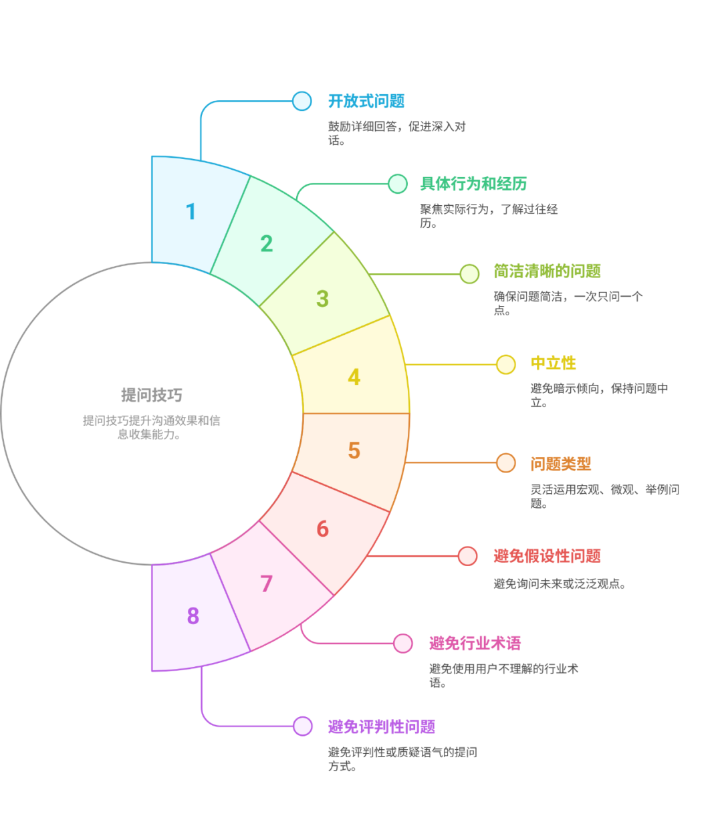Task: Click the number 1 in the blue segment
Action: click(x=191, y=212)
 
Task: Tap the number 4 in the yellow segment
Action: click(x=354, y=377)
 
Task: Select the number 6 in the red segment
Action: click(x=322, y=529)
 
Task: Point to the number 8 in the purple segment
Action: click(x=193, y=616)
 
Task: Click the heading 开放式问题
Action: click(x=366, y=101)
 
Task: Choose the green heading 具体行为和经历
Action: click(x=473, y=184)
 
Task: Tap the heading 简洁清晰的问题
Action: click(x=547, y=271)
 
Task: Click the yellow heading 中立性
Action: click(x=553, y=363)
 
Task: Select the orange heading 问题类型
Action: click(x=561, y=464)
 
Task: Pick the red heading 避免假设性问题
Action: click(x=547, y=556)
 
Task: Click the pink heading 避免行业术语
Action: click(x=475, y=643)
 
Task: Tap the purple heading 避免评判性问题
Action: click(x=382, y=726)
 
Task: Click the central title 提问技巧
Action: click(x=152, y=395)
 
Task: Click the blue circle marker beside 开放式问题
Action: click(x=302, y=101)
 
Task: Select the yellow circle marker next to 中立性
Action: click(x=506, y=365)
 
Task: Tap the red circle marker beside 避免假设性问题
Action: click(x=467, y=556)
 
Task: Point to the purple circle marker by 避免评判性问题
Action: click(x=303, y=726)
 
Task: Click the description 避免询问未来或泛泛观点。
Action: click(x=560, y=583)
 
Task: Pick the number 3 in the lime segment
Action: click(x=322, y=299)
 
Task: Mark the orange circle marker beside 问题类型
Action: click(x=506, y=462)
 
